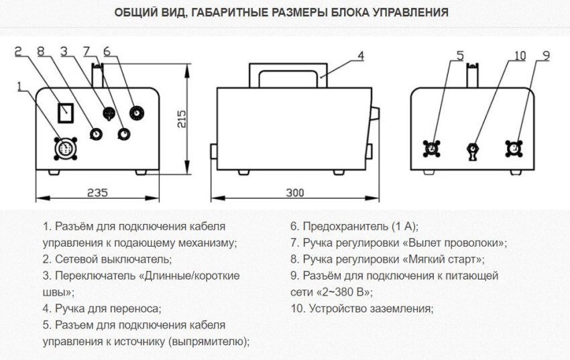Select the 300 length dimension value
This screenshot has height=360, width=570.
click(x=294, y=192)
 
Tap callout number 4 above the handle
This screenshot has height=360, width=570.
click(x=360, y=56)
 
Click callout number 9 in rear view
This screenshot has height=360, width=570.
click(x=546, y=55)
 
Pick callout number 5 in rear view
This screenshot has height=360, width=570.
click(x=459, y=55)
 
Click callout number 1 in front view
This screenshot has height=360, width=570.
click(x=20, y=85)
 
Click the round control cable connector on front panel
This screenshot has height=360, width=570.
click(x=66, y=147)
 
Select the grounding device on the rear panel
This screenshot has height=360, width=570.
click(x=473, y=149)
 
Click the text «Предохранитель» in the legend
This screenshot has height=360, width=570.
click(x=342, y=227)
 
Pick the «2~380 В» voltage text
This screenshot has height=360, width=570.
click(x=343, y=292)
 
